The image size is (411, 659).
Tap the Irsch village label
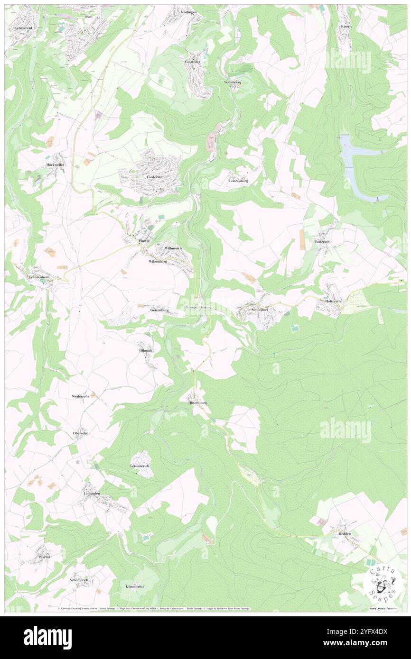click(88, 17)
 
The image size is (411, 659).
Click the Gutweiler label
click(193, 62)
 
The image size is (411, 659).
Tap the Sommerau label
click(233, 82)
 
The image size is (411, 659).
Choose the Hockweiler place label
click(55, 165)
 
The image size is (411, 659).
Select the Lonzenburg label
click(239, 181)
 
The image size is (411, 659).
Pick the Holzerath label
click(333, 301)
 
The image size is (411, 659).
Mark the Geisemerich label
click(139, 466)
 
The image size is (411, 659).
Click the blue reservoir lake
click(360, 166)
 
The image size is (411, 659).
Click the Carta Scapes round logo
click(381, 581)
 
